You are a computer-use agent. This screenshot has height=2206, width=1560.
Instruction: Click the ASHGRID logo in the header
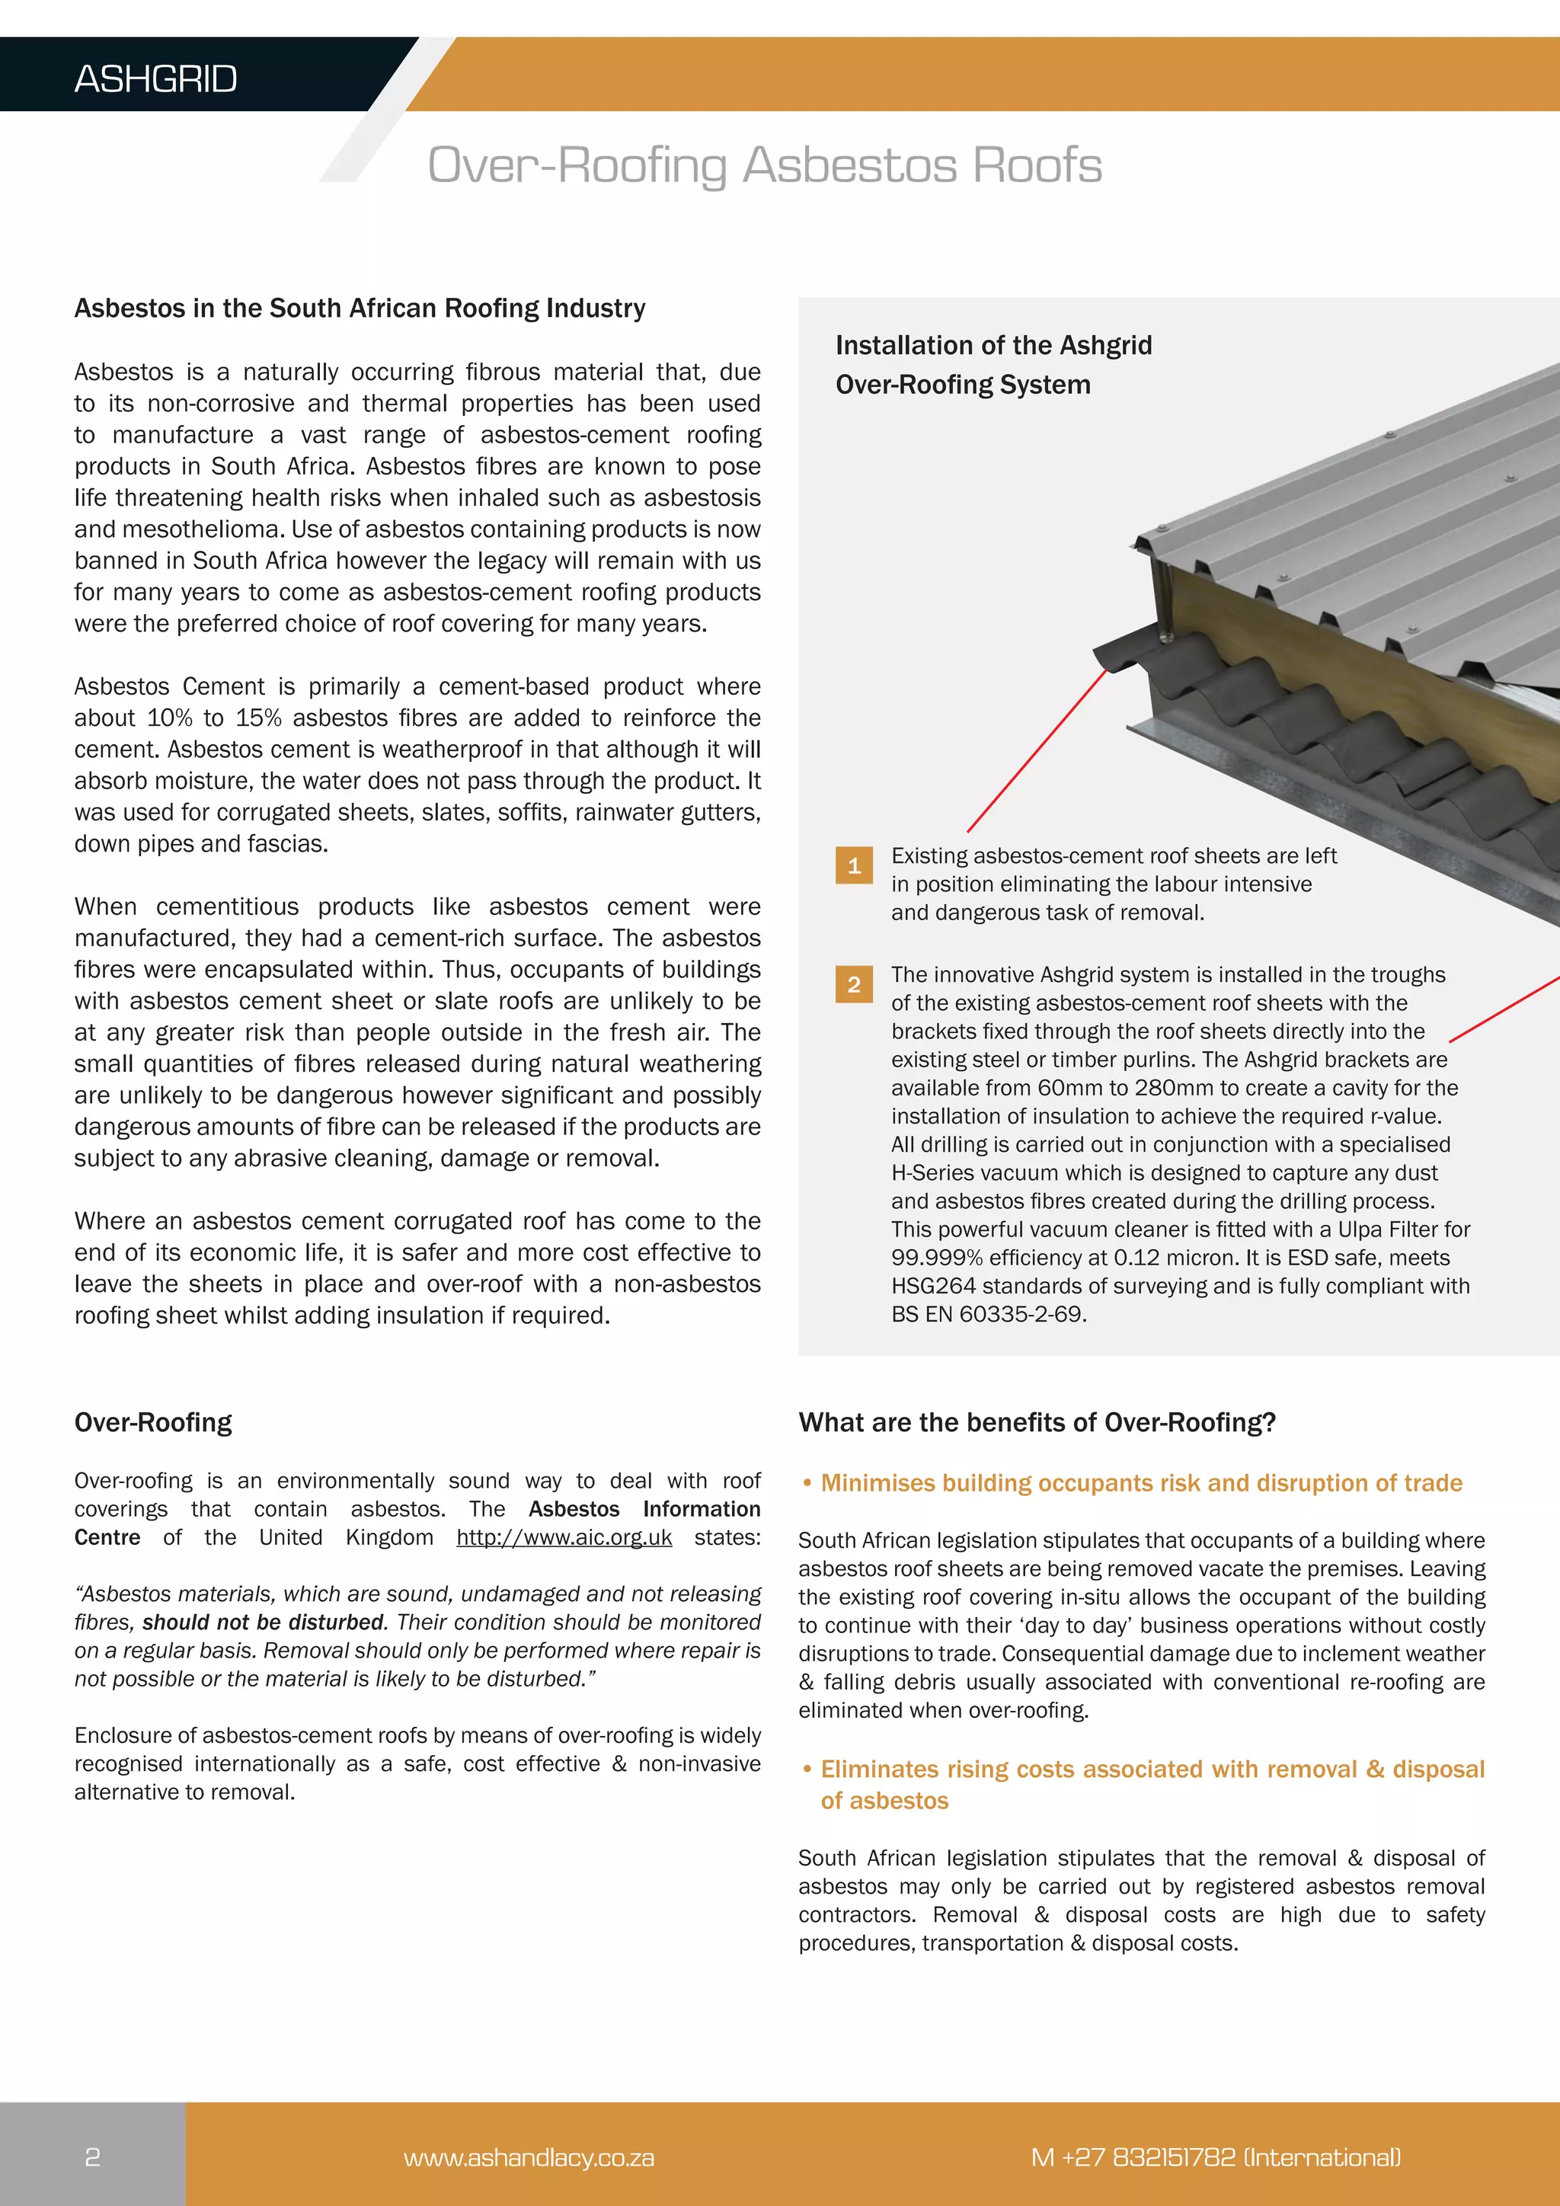pos(155,78)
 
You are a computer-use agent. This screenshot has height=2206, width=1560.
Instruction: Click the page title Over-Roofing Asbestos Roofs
pos(765,165)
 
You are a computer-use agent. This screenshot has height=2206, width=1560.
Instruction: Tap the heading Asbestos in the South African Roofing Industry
pos(360,309)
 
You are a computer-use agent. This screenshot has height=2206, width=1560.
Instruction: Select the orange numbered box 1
pos(854,865)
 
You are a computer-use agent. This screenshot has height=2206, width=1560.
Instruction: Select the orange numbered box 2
pos(854,985)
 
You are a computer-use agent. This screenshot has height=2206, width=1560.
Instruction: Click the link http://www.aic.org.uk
pos(564,1537)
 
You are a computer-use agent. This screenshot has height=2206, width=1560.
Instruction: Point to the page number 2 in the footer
pos(92,2157)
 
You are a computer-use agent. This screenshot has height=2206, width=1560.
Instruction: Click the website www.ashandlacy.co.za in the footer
pos(529,2158)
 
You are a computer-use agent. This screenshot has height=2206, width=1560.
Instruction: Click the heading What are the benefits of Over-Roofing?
pos(1037,1422)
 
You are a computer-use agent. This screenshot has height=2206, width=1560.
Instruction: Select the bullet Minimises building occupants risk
pos(1140,1483)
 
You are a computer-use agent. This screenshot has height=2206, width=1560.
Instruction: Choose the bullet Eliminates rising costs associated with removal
pos(1152,1770)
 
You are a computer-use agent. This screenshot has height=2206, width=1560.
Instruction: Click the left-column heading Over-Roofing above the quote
pos(154,1422)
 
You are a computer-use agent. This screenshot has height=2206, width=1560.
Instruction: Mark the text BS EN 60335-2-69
pos(989,1314)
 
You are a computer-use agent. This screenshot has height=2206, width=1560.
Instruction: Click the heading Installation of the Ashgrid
pos(993,346)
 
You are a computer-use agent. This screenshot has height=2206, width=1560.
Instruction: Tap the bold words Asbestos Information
pos(644,1510)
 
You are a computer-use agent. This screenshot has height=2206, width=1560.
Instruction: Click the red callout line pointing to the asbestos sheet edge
pos(1037,750)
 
